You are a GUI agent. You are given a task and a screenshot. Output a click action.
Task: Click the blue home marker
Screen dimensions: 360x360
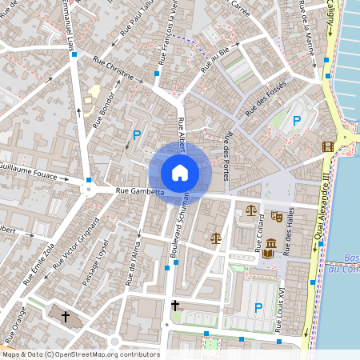point(180,173)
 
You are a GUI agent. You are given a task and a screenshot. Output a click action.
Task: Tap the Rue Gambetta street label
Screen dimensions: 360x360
point(140,192)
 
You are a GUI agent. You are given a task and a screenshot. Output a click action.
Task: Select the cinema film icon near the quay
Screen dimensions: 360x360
point(326,146)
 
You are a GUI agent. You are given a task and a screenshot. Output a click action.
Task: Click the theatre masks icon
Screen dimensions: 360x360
point(277,216)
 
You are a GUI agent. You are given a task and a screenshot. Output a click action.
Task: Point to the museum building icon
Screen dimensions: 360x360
point(270,243)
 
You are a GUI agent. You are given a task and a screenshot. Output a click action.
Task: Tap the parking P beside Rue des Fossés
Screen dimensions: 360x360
point(297,121)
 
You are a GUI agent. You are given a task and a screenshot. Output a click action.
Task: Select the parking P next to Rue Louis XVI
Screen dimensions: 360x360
point(258,307)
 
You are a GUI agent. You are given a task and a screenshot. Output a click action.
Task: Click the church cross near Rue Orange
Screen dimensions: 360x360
point(66,317)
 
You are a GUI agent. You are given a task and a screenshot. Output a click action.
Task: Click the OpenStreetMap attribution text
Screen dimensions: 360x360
point(80,354)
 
